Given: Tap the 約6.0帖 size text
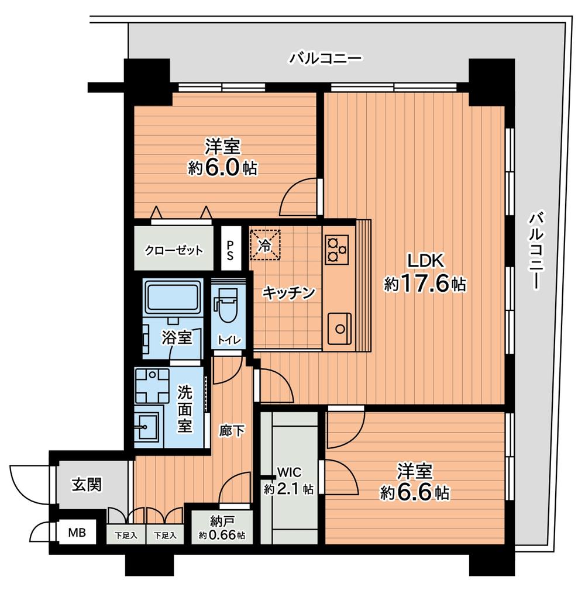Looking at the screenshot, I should (x=223, y=168).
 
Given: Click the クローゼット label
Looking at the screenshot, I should (x=174, y=251).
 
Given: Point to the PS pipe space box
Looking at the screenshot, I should (x=230, y=250).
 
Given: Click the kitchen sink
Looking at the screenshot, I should (x=339, y=329).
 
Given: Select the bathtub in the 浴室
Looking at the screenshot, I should (x=173, y=297).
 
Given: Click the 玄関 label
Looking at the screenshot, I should (x=87, y=485).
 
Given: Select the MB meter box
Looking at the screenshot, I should (x=77, y=533).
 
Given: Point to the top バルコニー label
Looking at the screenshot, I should (x=326, y=58).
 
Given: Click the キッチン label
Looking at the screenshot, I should (x=288, y=292).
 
